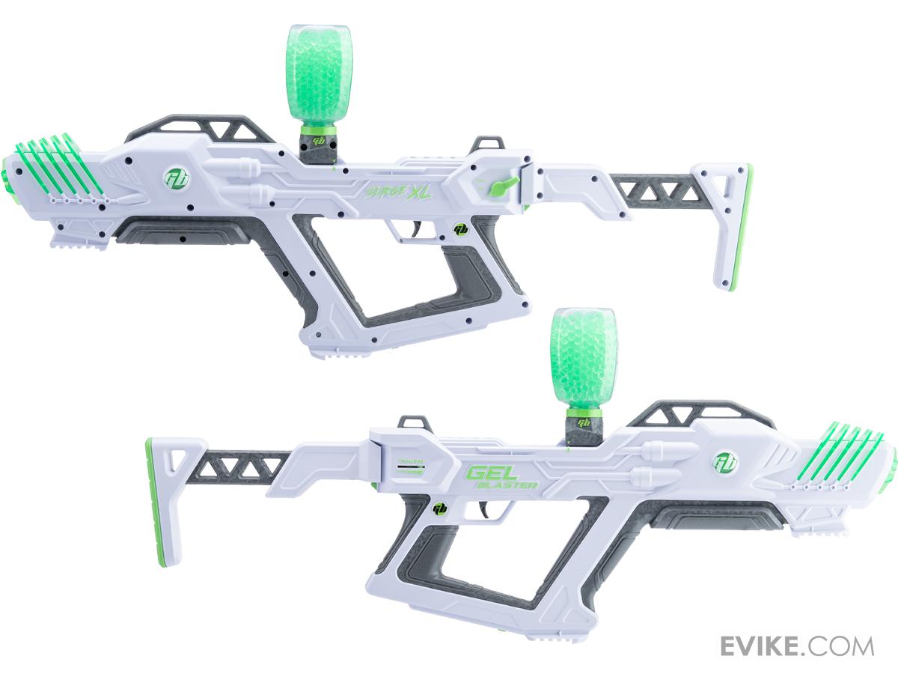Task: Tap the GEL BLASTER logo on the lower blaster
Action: tap(500, 477)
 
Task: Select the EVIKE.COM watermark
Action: tap(797, 646)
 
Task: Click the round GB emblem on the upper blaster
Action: tap(177, 178)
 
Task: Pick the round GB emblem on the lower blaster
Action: tap(724, 463)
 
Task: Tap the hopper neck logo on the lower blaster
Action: tap(584, 423)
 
